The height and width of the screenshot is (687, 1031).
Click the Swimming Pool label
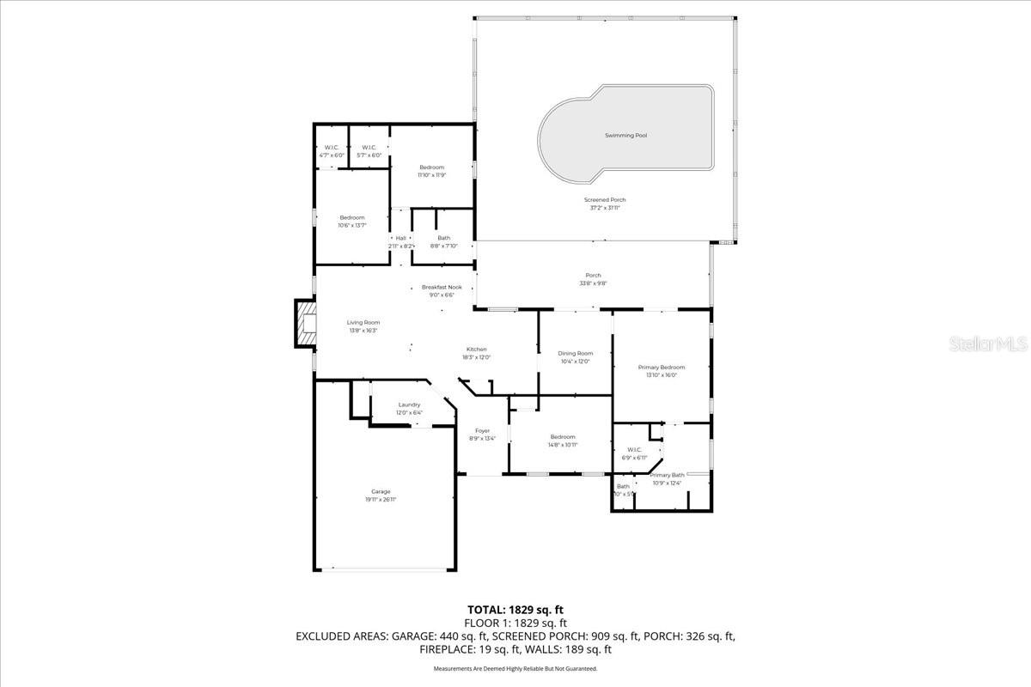(x=625, y=136)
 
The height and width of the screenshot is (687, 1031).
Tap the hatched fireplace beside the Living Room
(x=306, y=324)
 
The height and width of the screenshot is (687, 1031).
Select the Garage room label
(x=381, y=492)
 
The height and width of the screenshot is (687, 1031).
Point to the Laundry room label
(x=409, y=404)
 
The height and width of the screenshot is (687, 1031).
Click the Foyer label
(x=482, y=431)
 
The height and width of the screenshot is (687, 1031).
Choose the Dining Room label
(x=575, y=354)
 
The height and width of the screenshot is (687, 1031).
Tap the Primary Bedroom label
(x=662, y=368)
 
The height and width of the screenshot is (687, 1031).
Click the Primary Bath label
(x=667, y=475)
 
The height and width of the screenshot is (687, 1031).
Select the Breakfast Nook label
(x=442, y=287)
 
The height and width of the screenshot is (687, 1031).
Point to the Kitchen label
(x=476, y=350)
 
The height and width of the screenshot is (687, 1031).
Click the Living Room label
(x=363, y=323)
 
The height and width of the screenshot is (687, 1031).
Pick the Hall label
(x=400, y=238)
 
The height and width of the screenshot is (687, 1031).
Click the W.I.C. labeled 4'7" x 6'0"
(x=332, y=155)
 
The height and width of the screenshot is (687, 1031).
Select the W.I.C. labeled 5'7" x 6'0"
(x=369, y=155)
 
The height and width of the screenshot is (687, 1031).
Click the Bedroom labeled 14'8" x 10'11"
(x=563, y=437)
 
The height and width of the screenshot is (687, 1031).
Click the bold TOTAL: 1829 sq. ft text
(x=515, y=610)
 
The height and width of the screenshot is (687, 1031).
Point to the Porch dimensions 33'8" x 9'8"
(x=593, y=283)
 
